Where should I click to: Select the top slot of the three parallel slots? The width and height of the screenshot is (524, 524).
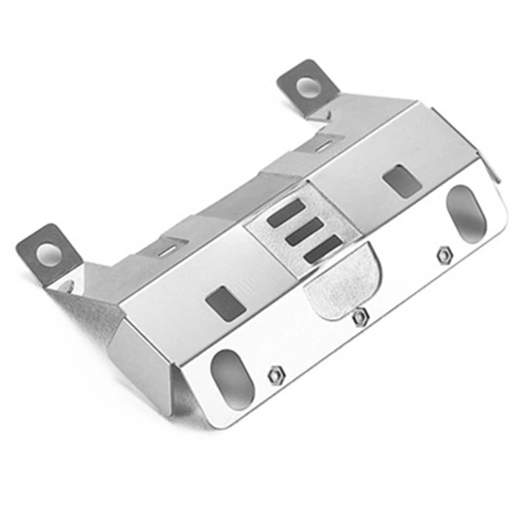coord(286,213)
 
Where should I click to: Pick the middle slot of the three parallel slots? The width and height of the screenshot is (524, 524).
coord(305,231)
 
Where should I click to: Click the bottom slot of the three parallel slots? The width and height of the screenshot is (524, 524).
coord(323,248)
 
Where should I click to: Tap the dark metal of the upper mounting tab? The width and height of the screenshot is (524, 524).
coord(292,77)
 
